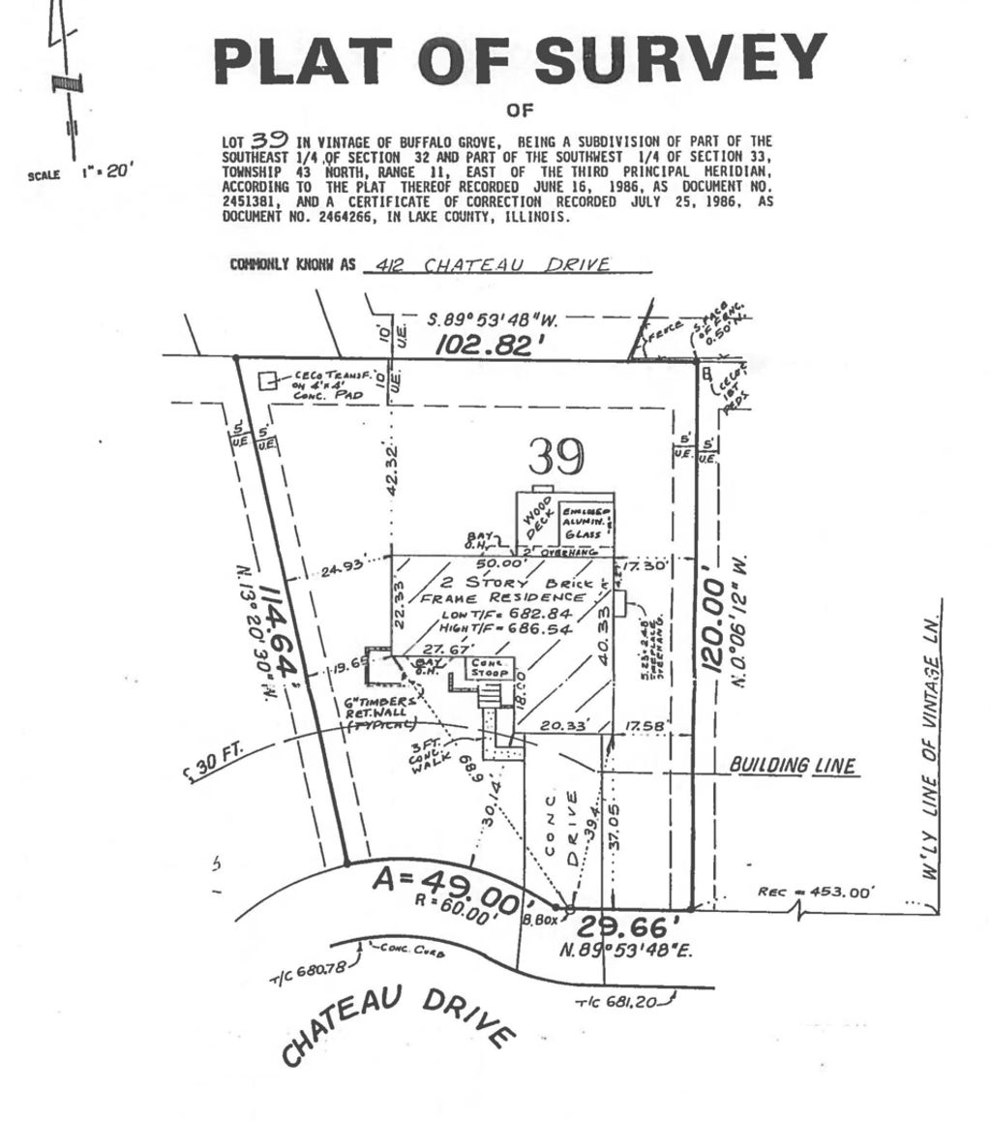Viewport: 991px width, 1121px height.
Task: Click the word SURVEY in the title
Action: point(681,60)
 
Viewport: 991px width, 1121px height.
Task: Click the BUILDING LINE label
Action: point(793,767)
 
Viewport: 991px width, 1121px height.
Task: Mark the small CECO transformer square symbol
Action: point(266,380)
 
